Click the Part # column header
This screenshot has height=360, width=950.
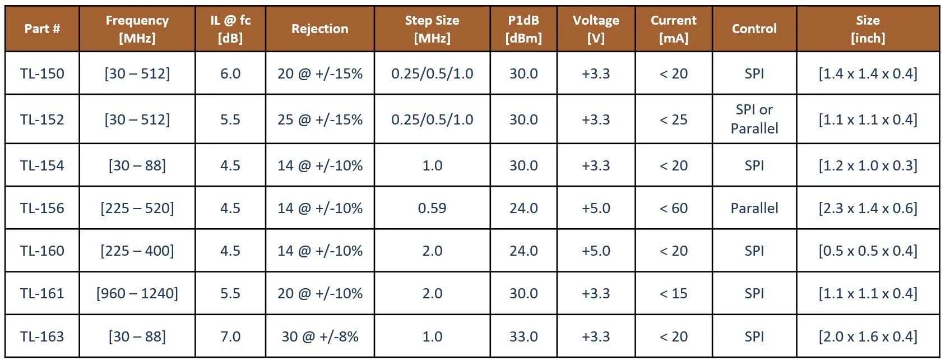tap(42, 29)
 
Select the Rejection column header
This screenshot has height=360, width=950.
tap(320, 29)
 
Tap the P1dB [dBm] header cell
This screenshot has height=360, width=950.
tap(523, 29)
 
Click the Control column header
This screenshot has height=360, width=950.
tap(754, 29)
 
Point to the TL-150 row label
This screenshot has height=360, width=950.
tap(42, 73)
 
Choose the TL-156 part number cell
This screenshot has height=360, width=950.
tap(42, 208)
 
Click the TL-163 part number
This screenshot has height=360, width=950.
tap(42, 336)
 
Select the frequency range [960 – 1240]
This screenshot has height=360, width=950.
tap(137, 293)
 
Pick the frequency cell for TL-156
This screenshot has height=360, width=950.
tap(137, 208)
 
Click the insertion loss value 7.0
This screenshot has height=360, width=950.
tap(230, 336)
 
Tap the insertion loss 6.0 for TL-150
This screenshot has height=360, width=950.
tap(230, 73)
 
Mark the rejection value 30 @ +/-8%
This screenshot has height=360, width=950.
tap(320, 336)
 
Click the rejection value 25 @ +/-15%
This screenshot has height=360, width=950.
tap(320, 119)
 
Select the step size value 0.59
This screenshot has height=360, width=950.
tap(432, 208)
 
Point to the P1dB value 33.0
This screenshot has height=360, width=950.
tap(523, 336)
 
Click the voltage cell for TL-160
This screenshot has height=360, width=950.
tap(596, 251)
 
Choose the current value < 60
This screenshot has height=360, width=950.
tap(674, 208)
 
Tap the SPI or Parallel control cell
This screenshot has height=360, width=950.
tap(754, 119)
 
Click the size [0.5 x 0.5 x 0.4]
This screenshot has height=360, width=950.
tap(868, 251)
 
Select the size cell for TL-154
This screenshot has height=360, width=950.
tap(868, 165)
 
